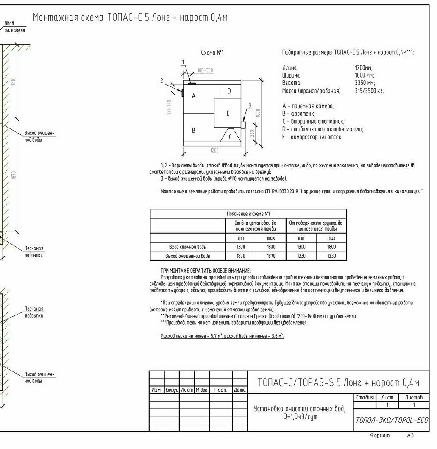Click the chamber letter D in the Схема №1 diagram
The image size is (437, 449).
[x=229, y=91]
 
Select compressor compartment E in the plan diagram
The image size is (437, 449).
[x=228, y=113]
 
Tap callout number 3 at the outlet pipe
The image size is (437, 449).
[x=249, y=105]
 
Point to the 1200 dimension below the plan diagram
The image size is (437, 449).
[x=214, y=151]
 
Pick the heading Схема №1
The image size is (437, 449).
[x=212, y=53]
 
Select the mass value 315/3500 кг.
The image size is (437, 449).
[x=369, y=91]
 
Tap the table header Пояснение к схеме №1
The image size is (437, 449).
[x=248, y=214]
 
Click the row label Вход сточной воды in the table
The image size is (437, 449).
[x=188, y=247]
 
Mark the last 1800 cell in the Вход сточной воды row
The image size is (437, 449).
[x=331, y=247]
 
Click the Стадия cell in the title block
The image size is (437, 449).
[x=364, y=397]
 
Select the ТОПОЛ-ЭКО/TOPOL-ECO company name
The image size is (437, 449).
[x=392, y=420]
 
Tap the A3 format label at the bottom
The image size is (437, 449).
[x=410, y=435]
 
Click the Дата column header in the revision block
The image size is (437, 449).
[x=240, y=390]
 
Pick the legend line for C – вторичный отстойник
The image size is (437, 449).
[x=313, y=121]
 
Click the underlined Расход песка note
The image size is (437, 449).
[x=222, y=336]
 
